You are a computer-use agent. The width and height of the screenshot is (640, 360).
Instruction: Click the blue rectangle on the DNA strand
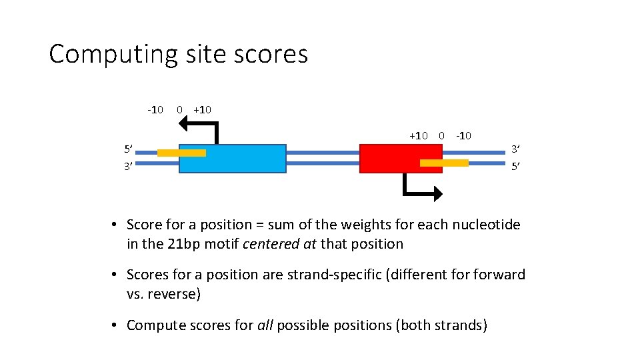233,159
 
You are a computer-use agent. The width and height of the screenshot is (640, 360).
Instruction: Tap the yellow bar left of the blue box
181,153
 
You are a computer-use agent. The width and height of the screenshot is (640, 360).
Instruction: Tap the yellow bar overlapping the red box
444,163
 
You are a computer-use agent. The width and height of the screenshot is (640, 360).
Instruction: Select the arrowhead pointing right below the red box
436,193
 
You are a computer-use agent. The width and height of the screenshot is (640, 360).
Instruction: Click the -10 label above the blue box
155,109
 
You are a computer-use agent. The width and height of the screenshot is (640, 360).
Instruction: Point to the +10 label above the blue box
201,109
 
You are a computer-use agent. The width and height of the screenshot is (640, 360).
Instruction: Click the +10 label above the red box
419,136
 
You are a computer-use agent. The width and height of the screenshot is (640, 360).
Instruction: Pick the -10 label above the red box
463,136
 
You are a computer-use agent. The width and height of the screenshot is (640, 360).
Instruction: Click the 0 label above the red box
441,136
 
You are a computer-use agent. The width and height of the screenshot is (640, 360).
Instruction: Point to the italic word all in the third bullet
265,325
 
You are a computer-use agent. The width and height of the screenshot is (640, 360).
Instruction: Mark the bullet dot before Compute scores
115,325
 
